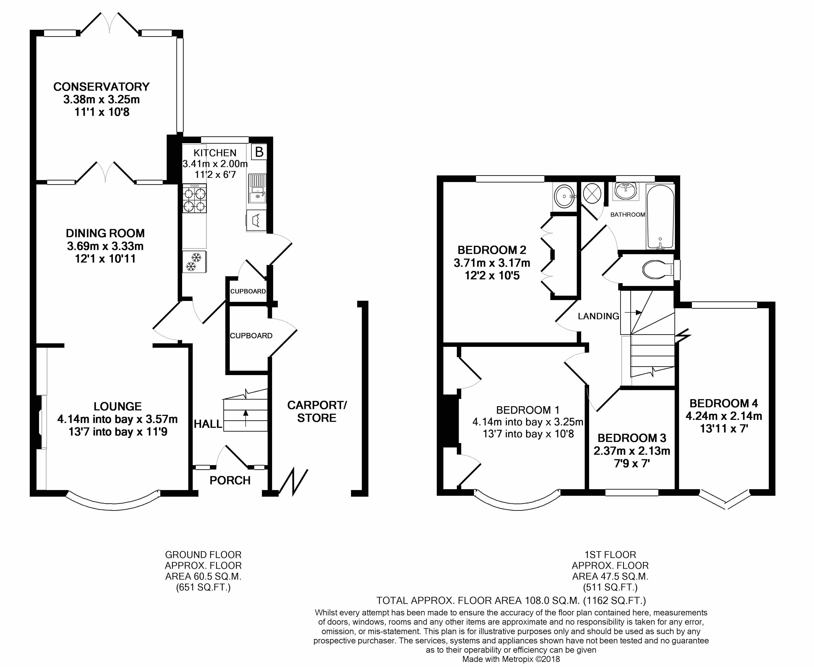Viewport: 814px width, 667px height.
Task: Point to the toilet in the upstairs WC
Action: (x=657, y=269)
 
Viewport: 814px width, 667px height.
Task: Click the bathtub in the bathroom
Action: (x=660, y=216)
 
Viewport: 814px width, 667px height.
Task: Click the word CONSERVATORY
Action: (x=101, y=87)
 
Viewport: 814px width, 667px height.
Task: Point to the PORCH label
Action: (x=230, y=480)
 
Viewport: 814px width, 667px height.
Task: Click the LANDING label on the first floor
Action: (x=599, y=316)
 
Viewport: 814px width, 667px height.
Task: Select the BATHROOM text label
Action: (x=628, y=214)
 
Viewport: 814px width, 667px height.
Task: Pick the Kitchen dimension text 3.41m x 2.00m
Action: (x=215, y=164)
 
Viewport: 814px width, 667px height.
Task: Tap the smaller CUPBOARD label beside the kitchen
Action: (x=248, y=291)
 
